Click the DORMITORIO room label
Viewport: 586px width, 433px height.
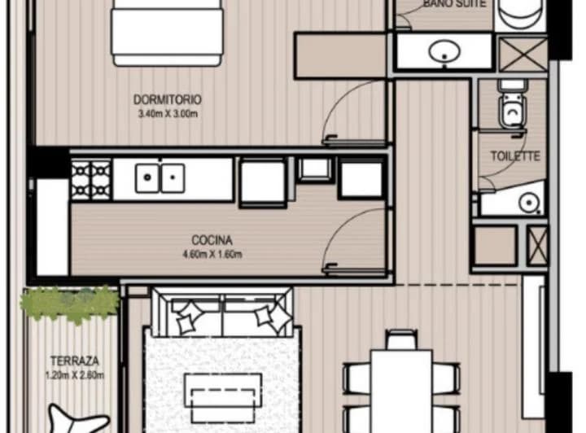click(168, 100)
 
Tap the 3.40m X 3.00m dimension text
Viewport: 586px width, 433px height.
click(168, 114)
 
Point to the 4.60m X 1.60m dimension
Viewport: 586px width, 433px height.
click(212, 255)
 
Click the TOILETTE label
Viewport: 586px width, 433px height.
click(515, 155)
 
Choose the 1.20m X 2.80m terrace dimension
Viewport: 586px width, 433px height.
click(75, 375)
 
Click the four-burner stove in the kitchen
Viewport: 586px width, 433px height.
click(91, 180)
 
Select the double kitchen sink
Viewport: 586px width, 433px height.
click(160, 177)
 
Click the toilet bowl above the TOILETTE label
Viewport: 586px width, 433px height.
click(513, 107)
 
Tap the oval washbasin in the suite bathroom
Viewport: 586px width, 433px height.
click(444, 50)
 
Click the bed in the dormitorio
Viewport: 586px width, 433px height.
click(167, 33)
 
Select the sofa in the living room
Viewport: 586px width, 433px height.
click(222, 312)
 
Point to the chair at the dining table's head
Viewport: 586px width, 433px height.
click(401, 339)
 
